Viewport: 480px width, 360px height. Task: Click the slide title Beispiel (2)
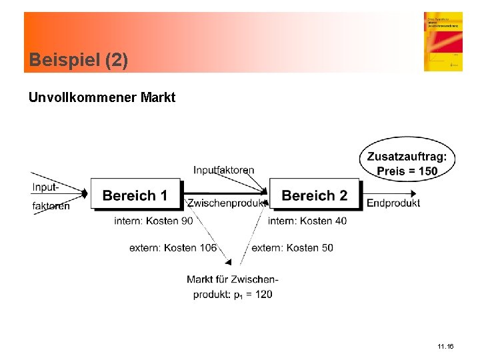point(79,61)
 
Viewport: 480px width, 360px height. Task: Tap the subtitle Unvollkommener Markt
point(101,98)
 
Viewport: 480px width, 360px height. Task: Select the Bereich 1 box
point(135,195)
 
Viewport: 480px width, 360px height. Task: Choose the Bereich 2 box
point(314,195)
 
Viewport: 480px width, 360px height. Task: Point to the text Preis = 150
point(407,171)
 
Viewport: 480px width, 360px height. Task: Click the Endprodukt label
point(393,203)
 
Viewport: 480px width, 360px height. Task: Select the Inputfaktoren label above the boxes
point(224,170)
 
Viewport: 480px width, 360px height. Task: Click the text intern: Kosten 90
point(154,221)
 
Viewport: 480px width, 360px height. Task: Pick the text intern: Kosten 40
point(307,221)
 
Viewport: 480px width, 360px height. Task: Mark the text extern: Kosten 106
point(173,248)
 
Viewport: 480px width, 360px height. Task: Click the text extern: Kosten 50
point(293,248)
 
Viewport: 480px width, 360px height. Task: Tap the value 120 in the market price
point(263,294)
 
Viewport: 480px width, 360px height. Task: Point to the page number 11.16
point(445,347)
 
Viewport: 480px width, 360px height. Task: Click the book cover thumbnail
point(443,41)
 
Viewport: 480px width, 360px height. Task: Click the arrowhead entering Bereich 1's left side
point(85,194)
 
